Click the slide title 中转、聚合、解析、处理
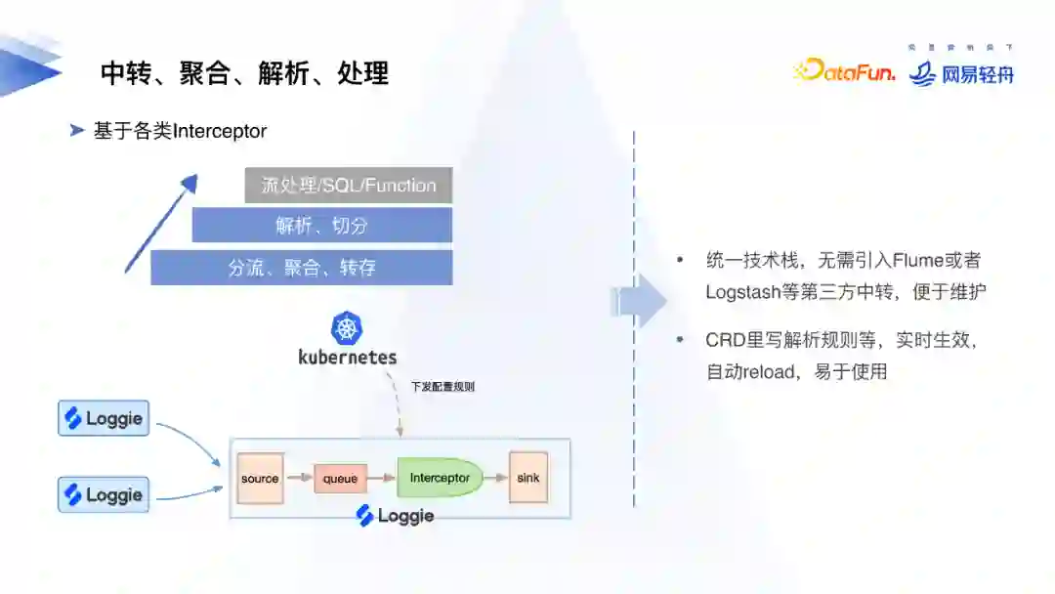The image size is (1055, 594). pyautogui.click(x=244, y=72)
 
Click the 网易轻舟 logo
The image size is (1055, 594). pyautogui.click(x=961, y=73)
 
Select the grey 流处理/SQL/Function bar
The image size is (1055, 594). pyautogui.click(x=349, y=185)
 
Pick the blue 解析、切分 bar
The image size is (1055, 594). pyautogui.click(x=321, y=226)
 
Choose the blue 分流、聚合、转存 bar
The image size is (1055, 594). pyautogui.click(x=301, y=268)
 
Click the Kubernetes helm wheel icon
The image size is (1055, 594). pyautogui.click(x=347, y=328)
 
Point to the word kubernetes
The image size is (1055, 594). pyautogui.click(x=348, y=358)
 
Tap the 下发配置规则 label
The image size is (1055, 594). pyautogui.click(x=443, y=387)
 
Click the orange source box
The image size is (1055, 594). pyautogui.click(x=260, y=479)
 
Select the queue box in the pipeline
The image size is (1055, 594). pyautogui.click(x=340, y=479)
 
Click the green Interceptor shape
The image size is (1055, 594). pyautogui.click(x=440, y=478)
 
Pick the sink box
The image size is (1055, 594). pyautogui.click(x=527, y=478)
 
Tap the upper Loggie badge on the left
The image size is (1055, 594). pyautogui.click(x=104, y=419)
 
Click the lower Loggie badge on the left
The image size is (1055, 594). pyautogui.click(x=104, y=494)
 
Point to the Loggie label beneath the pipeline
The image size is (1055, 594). pyautogui.click(x=395, y=516)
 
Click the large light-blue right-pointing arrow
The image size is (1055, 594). pyautogui.click(x=640, y=301)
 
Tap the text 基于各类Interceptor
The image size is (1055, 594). pyautogui.click(x=180, y=131)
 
